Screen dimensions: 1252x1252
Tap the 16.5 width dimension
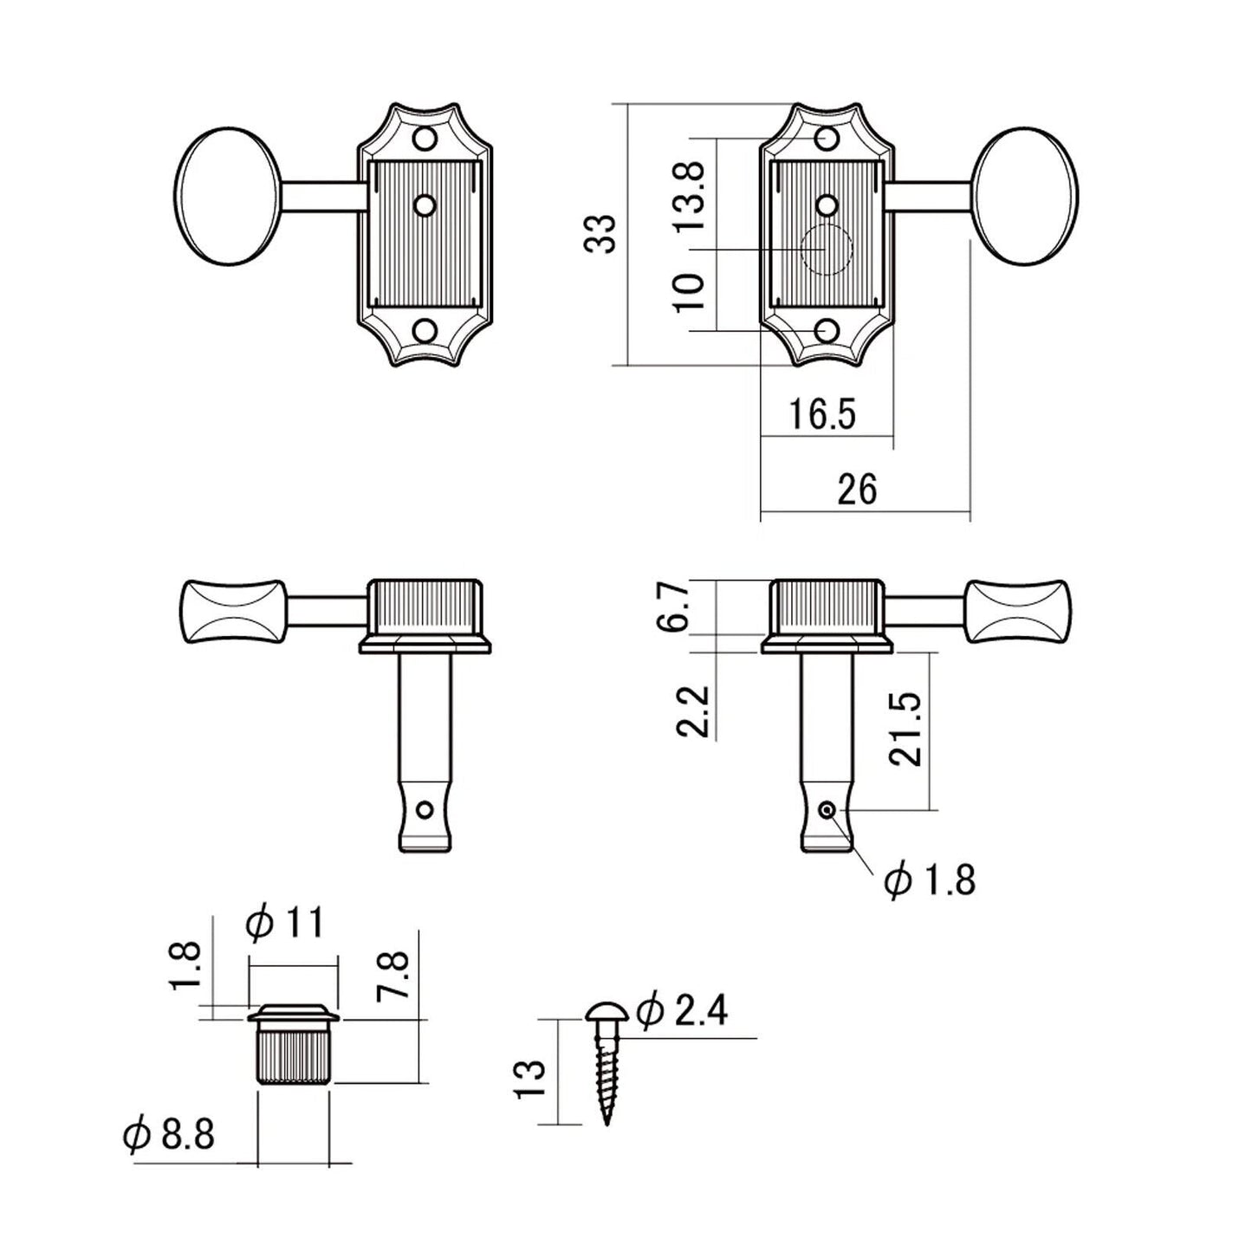(x=821, y=415)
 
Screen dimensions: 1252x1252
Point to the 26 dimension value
(x=857, y=490)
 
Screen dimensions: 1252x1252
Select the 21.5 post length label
(x=904, y=729)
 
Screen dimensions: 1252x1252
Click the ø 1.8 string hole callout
(x=929, y=880)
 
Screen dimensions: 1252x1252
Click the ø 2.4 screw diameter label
(x=682, y=1011)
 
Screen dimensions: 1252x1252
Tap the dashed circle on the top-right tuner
(x=827, y=250)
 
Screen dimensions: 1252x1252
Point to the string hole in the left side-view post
(x=425, y=810)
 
